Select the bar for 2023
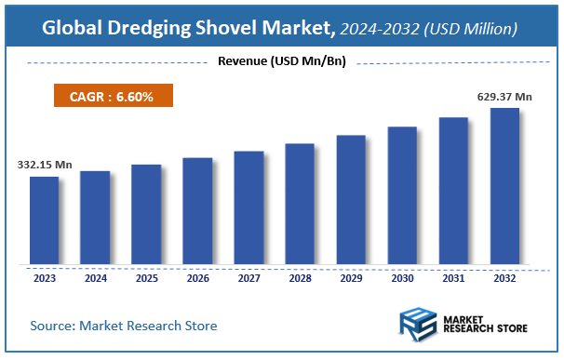[x=44, y=220]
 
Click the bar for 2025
[x=146, y=214]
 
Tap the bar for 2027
[x=248, y=207]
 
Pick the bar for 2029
[x=351, y=199]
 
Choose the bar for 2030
[x=402, y=195]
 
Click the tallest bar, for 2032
[x=504, y=186]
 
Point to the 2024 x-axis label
[x=95, y=278]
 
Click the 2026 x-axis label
[x=197, y=278]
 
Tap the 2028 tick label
[x=300, y=278]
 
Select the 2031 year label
[x=453, y=278]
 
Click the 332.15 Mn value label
[x=45, y=165]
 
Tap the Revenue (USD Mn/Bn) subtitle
[x=280, y=62]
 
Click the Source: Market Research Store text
[x=124, y=326]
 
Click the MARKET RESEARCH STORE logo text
[x=485, y=326]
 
